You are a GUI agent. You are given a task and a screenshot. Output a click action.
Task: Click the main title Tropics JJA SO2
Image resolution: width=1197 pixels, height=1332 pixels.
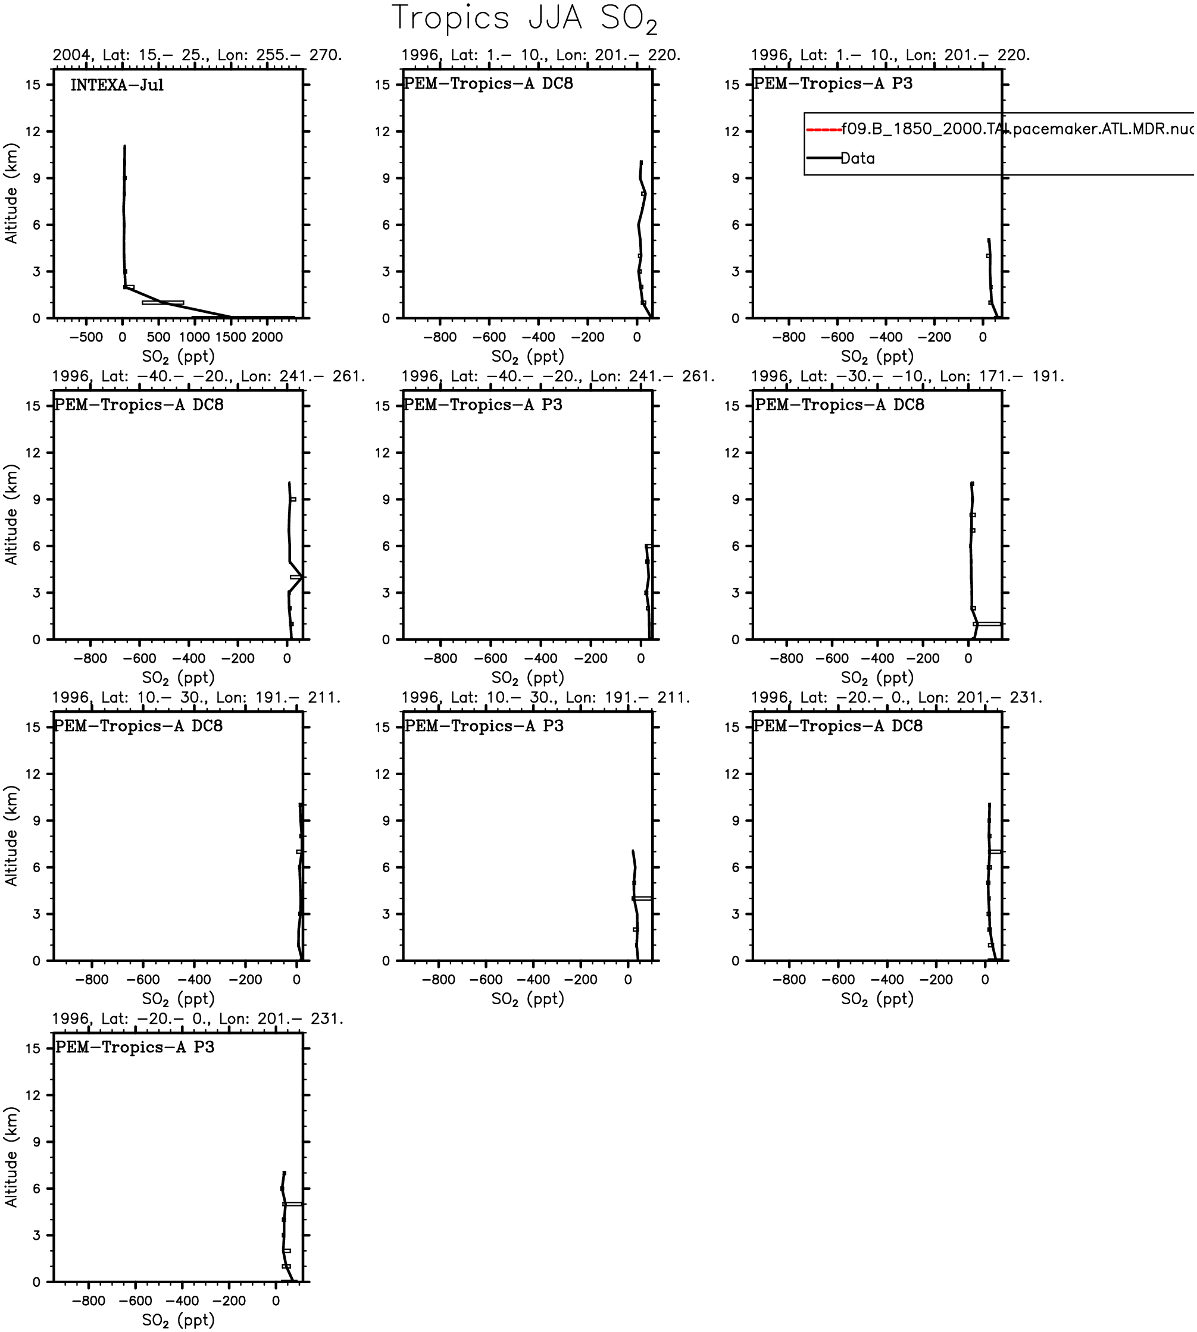(x=524, y=18)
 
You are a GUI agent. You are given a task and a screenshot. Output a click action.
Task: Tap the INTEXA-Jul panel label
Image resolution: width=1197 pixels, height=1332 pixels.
(x=117, y=85)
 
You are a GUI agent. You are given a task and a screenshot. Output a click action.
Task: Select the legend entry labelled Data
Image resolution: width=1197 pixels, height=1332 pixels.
(x=858, y=158)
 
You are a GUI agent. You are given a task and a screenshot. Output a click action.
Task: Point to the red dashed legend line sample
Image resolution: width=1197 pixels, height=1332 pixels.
(x=824, y=130)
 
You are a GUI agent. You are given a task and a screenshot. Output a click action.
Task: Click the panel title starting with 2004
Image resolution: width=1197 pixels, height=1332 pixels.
(x=197, y=55)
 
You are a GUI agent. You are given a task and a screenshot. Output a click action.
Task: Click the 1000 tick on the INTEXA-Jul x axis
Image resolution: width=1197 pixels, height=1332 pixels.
(x=194, y=337)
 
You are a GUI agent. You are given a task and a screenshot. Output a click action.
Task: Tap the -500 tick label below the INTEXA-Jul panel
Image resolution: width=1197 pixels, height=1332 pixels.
(x=86, y=337)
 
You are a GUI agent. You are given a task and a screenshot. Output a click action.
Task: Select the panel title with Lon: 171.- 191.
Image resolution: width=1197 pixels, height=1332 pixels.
(x=908, y=377)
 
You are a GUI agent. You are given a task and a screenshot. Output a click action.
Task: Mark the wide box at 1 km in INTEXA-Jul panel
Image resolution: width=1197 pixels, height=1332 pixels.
(x=163, y=302)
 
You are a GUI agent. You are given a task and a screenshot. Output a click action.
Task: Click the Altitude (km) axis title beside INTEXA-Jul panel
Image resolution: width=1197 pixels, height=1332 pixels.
(x=11, y=193)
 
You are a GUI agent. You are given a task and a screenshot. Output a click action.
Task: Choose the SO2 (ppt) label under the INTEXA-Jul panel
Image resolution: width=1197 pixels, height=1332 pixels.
(x=178, y=357)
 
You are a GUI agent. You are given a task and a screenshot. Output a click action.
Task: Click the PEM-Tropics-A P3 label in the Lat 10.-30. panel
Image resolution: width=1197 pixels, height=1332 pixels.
(x=484, y=726)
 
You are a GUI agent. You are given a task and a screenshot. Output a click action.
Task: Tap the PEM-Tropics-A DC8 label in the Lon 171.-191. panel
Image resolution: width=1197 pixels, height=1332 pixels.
(x=839, y=405)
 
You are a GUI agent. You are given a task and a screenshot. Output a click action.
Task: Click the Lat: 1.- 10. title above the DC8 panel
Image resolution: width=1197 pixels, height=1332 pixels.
(x=540, y=55)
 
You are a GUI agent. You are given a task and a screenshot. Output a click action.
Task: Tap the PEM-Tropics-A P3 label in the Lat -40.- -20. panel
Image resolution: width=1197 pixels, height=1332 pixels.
(x=483, y=405)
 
